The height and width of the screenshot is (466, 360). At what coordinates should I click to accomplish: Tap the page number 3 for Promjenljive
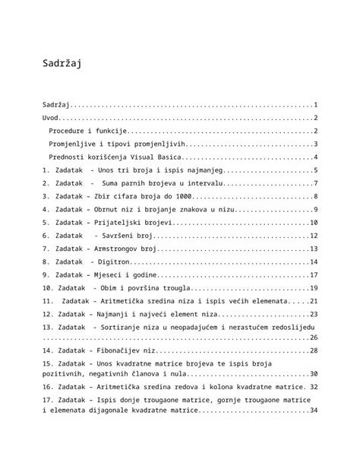314,144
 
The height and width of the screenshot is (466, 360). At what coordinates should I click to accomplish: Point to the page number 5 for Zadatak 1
314,170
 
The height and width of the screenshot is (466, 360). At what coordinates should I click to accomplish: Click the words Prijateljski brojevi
133,222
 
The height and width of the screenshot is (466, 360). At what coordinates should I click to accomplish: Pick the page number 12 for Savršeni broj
313,236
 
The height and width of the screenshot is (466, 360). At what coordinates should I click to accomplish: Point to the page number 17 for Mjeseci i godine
313,274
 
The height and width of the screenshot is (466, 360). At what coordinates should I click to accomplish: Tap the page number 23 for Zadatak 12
313,313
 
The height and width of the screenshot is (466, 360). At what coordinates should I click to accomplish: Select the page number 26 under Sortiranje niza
313,337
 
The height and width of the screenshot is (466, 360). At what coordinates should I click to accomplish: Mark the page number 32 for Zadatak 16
313,387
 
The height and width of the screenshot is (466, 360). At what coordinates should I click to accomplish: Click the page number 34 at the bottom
313,411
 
